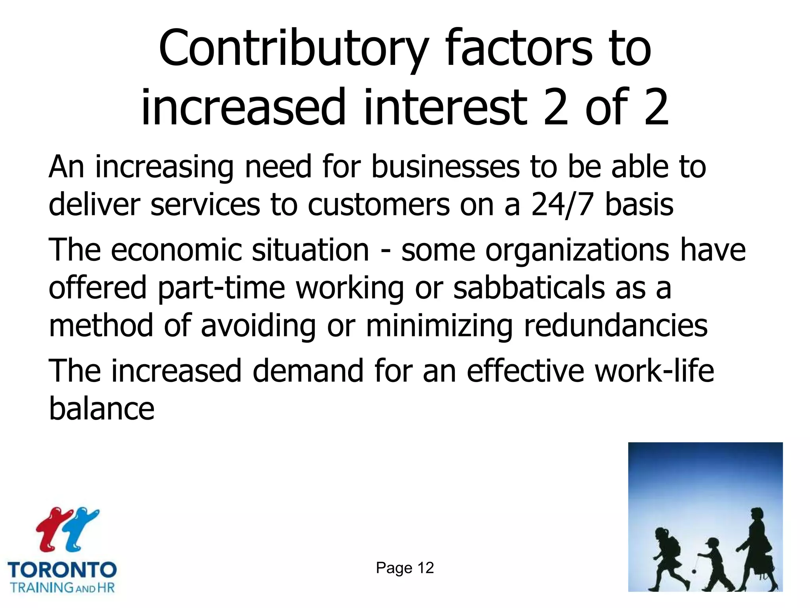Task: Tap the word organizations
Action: (x=577, y=251)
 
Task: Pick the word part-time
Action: (x=221, y=288)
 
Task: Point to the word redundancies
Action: (x=615, y=326)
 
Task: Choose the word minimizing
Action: (x=439, y=326)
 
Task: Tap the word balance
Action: (x=102, y=408)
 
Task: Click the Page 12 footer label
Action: (x=405, y=568)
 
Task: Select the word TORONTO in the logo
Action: (x=62, y=570)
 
